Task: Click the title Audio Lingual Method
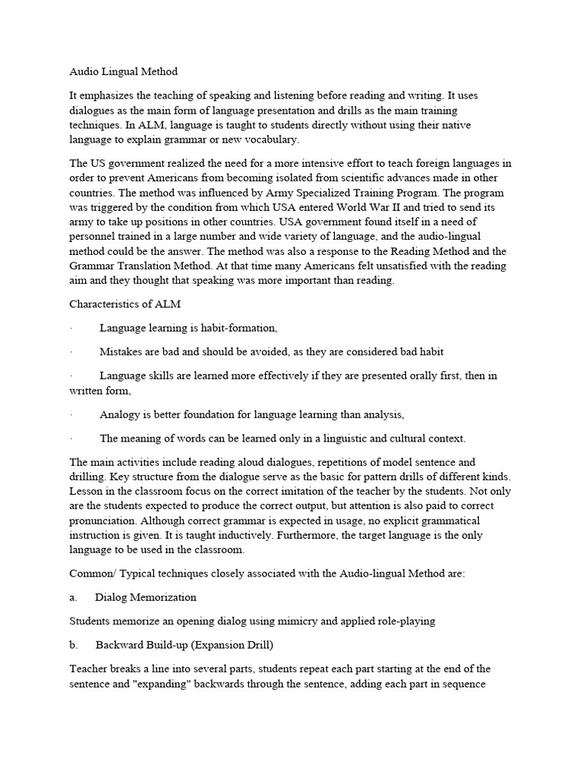pyautogui.click(x=123, y=72)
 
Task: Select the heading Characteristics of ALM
pyautogui.click(x=124, y=304)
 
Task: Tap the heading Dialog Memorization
pyautogui.click(x=146, y=597)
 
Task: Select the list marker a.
pyautogui.click(x=73, y=597)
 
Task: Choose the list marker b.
pyautogui.click(x=73, y=645)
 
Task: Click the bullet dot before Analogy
pyautogui.click(x=70, y=415)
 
